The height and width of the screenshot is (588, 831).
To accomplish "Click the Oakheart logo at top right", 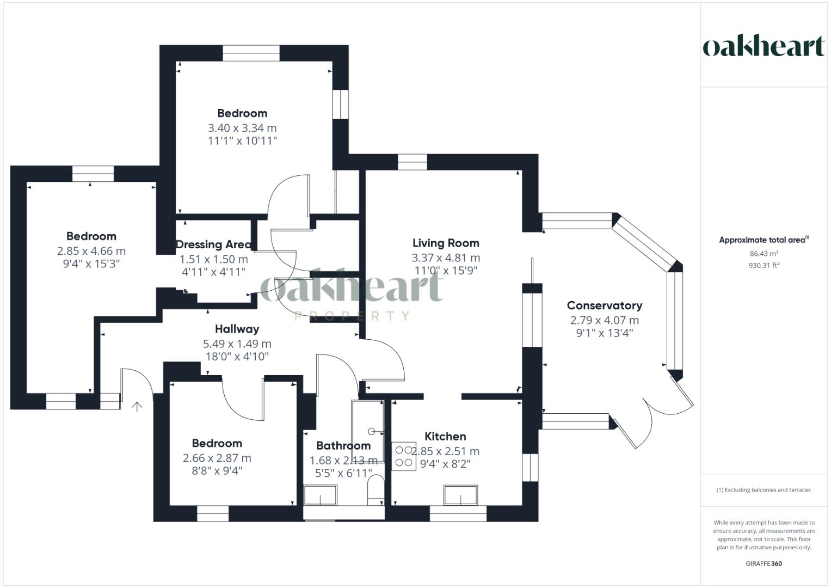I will (764, 46).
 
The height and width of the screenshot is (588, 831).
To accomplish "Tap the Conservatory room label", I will (604, 305).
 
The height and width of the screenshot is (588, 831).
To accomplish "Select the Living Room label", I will (446, 243).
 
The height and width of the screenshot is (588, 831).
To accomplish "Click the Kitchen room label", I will (445, 436).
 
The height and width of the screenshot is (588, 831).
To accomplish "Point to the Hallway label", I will (237, 329).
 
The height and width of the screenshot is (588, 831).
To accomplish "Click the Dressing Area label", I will (213, 244).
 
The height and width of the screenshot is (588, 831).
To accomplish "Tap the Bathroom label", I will (343, 445).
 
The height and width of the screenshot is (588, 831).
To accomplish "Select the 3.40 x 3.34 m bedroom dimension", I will (242, 128).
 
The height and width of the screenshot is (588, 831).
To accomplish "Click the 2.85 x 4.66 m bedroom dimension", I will (91, 251).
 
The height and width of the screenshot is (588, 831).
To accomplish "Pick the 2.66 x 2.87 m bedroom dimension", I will (217, 458).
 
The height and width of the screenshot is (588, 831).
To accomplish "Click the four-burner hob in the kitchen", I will (404, 456).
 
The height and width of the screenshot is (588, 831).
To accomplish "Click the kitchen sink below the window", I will (460, 495).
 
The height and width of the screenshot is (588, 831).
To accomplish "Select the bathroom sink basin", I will (320, 495).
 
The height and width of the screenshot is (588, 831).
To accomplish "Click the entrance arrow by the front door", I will (137, 406).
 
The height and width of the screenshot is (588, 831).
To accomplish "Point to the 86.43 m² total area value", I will (764, 253).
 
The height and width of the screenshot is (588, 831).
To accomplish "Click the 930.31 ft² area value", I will (764, 265).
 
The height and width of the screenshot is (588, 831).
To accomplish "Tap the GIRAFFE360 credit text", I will (764, 563).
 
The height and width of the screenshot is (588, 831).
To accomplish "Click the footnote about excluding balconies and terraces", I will (764, 490).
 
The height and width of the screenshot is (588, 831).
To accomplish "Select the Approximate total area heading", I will (764, 240).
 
